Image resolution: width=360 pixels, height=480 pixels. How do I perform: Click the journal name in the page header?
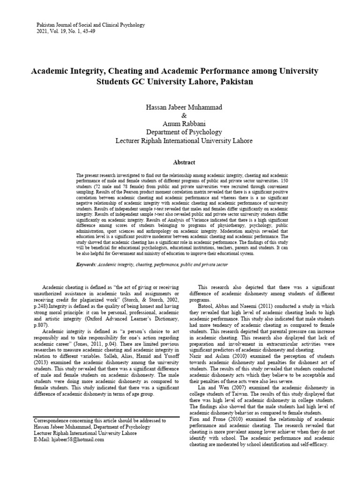pos(90,25)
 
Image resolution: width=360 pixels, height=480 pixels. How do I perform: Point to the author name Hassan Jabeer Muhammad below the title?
pos(184,107)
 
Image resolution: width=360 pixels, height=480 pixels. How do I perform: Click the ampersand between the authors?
pos(184,115)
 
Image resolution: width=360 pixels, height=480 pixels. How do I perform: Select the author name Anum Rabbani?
pos(184,124)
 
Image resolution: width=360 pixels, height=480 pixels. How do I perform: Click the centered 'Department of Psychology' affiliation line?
pos(184,132)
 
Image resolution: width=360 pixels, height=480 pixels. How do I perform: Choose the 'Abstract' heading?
pos(184,162)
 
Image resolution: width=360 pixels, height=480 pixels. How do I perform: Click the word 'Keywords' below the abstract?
pos(86,265)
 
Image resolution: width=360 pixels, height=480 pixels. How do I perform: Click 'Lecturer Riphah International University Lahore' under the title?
pos(184,141)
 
